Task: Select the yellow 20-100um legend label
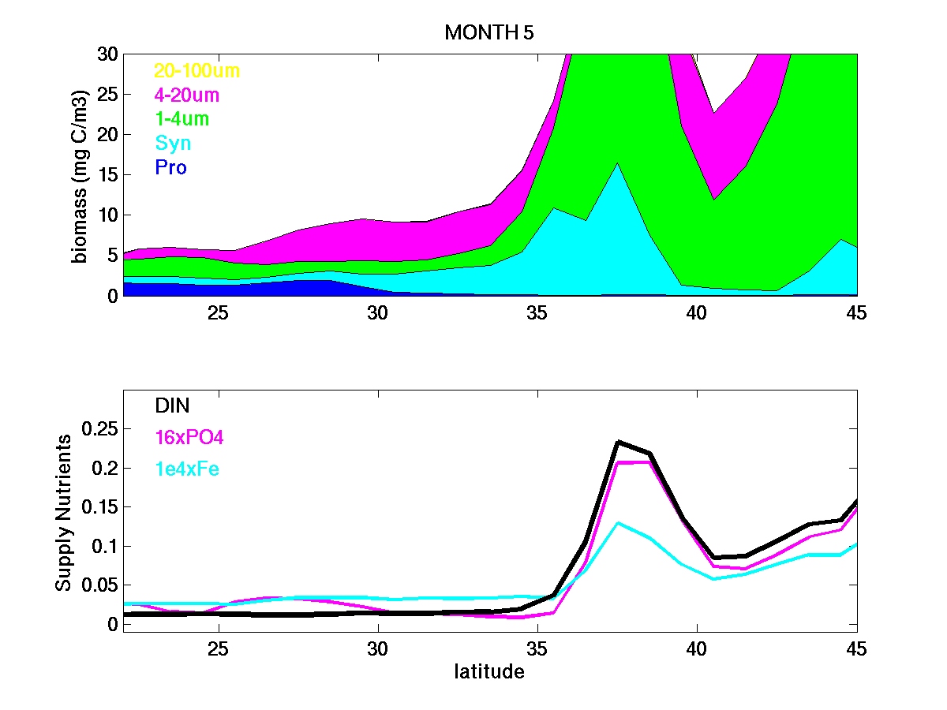coord(197,71)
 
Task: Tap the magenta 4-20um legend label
coord(186,95)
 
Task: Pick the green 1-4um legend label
coord(182,119)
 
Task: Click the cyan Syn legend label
coord(173,144)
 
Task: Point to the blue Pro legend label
coord(170,168)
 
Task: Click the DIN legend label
coord(171,405)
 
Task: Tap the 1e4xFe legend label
coord(187,469)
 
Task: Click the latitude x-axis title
coord(489,672)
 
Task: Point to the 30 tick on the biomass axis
coord(107,54)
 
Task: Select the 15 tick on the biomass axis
coord(107,175)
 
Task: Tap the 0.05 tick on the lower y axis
coord(100,585)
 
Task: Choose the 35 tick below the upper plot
coord(537,312)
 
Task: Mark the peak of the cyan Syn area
coord(617,163)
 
